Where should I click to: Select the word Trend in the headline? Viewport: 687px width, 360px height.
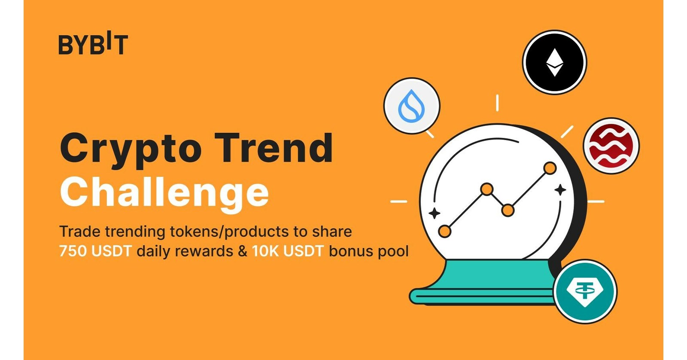(x=274, y=148)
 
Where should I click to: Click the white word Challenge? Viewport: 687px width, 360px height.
(x=164, y=193)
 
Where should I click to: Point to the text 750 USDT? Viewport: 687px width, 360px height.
(x=95, y=251)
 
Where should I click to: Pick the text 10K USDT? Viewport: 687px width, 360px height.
(x=287, y=251)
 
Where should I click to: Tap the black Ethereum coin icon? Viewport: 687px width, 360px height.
(x=554, y=62)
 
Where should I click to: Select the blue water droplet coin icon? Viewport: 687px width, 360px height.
(x=411, y=106)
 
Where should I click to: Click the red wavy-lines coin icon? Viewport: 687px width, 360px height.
(x=611, y=146)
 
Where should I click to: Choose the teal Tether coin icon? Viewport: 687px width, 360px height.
(x=585, y=291)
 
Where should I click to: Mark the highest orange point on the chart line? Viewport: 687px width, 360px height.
(x=550, y=168)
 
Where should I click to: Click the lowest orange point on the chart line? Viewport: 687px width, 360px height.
(x=445, y=232)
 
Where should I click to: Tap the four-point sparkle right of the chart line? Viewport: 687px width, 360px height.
(x=560, y=189)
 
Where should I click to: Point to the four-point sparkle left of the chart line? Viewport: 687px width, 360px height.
(x=434, y=213)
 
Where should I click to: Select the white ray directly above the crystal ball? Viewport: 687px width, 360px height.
(x=497, y=103)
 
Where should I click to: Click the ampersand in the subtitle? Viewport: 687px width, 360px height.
(x=243, y=251)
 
